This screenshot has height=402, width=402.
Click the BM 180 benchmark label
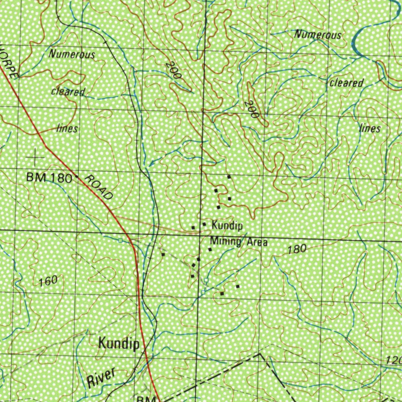click(49, 178)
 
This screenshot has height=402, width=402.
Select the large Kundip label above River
click(119, 344)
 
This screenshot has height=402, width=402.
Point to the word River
click(101, 377)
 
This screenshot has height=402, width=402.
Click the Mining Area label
click(239, 241)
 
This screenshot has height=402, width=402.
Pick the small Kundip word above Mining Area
click(227, 226)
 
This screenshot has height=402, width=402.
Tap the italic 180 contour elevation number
click(296, 249)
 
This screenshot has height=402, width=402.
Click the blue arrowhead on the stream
click(151, 163)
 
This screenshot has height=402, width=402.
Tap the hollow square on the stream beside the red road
click(121, 240)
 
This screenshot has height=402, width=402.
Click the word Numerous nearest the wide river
click(318, 35)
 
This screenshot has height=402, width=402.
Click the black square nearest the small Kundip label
click(204, 224)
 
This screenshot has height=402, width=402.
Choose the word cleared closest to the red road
click(68, 91)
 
